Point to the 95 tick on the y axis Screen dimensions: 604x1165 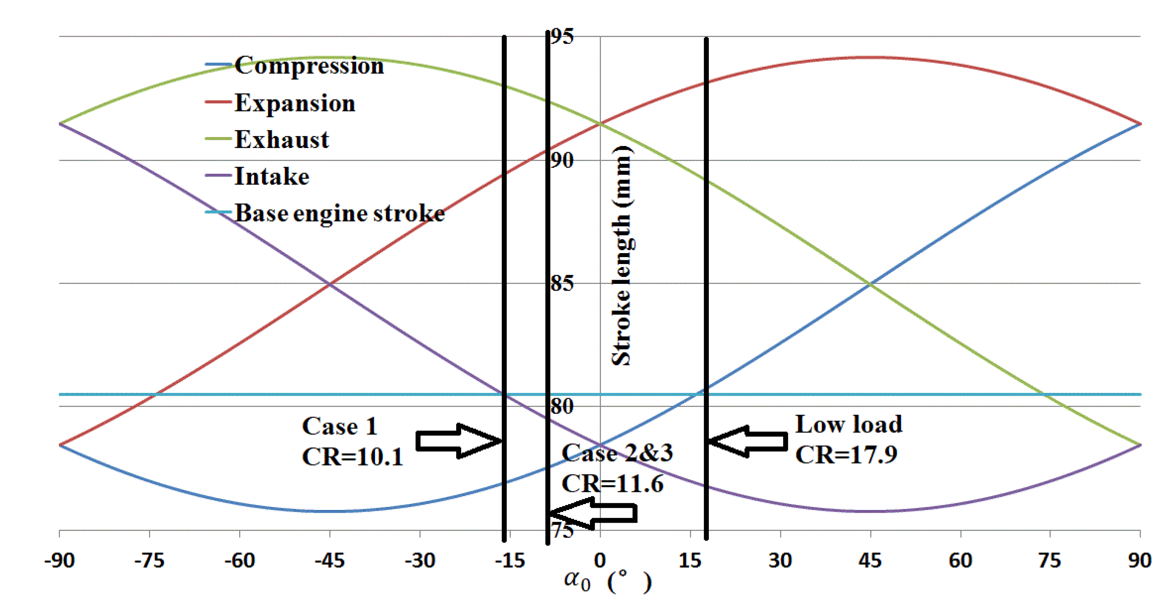(x=562, y=36)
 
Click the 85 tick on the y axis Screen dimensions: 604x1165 (x=562, y=284)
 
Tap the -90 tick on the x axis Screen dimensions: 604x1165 (x=59, y=561)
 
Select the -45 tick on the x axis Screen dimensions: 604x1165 (x=330, y=561)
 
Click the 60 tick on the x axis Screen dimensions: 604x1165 (x=960, y=561)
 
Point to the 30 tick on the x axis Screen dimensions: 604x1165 (x=780, y=561)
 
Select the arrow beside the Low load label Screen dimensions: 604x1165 (x=748, y=441)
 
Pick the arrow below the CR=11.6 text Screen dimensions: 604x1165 (x=592, y=513)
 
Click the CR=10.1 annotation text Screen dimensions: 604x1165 (x=352, y=456)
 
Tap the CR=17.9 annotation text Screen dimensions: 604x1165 (x=846, y=455)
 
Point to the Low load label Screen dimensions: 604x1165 (x=848, y=424)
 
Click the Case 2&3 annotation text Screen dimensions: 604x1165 (x=617, y=453)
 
